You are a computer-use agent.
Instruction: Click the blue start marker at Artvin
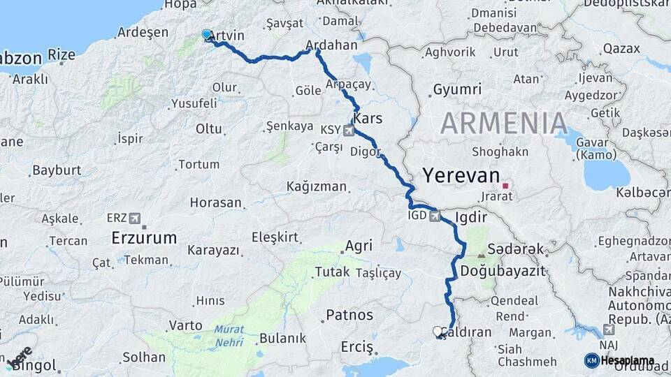[206, 34]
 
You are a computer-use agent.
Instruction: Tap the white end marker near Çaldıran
[438, 332]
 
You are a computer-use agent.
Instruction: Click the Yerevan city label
[461, 175]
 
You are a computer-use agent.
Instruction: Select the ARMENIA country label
[503, 124]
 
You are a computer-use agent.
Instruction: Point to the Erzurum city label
[144, 238]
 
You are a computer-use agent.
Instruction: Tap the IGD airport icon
[436, 216]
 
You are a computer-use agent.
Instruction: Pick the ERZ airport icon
[135, 218]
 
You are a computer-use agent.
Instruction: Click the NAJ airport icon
[608, 328]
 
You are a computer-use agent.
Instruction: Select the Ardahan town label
[332, 46]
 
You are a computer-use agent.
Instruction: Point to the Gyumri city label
[457, 89]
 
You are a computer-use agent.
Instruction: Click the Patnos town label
[349, 315]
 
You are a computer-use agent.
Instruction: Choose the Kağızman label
[317, 186]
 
